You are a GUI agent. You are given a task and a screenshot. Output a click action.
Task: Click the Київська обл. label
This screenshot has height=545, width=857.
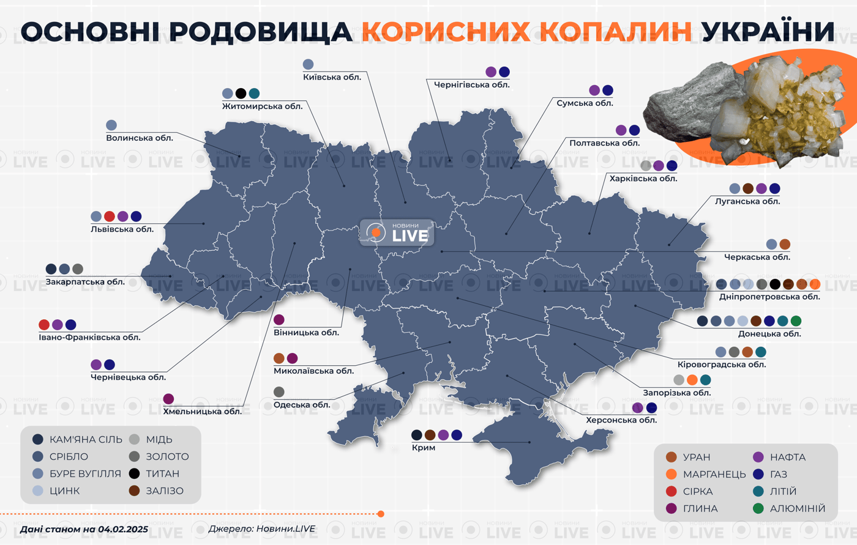[332, 77]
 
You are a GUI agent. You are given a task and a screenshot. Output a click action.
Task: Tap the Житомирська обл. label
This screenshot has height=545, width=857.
[262, 106]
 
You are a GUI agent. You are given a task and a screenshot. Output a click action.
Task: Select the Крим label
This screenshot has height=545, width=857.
[424, 448]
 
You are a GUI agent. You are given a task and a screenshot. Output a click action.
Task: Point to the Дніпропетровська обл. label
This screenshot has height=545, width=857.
[769, 297]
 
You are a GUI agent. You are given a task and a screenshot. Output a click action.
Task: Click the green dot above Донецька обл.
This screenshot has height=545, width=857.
[796, 321]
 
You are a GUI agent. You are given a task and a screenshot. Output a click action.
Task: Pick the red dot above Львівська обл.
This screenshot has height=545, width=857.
[110, 217]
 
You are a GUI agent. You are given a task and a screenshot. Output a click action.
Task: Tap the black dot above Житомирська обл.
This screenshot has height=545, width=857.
[241, 94]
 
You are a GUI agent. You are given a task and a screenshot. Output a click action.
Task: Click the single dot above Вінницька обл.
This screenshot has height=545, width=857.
[279, 320]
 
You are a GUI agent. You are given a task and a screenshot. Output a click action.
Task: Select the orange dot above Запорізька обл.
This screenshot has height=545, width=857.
[692, 380]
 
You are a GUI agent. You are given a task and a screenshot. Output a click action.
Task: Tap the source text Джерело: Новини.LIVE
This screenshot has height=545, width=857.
[262, 529]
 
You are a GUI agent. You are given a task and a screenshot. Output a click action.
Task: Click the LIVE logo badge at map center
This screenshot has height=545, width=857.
[397, 232]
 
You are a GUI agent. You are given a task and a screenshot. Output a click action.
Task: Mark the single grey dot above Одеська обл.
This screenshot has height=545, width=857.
[279, 392]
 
